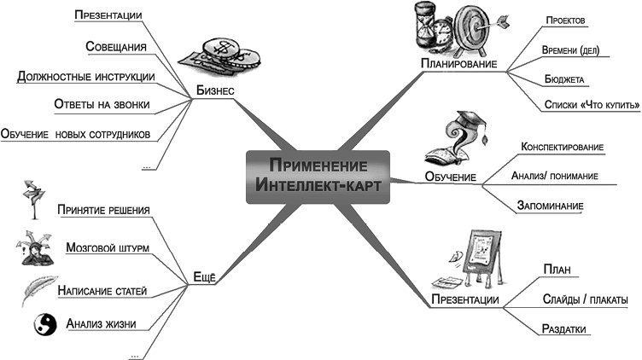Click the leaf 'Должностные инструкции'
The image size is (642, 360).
(x=85, y=77)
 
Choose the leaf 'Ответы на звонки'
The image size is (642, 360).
(x=101, y=105)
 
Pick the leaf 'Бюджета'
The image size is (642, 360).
(x=563, y=78)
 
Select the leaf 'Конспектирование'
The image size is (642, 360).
(x=562, y=147)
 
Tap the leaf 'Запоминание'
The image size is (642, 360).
(x=551, y=205)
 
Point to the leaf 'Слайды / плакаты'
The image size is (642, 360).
(x=585, y=300)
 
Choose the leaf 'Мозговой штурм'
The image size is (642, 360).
(x=107, y=247)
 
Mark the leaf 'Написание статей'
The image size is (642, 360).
(x=102, y=290)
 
